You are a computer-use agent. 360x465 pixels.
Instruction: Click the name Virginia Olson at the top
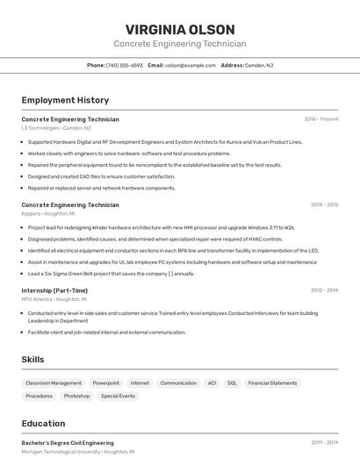tap(179, 29)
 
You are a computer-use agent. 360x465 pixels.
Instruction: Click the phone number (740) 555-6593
tap(124, 65)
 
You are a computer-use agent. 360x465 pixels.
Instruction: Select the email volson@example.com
tap(191, 65)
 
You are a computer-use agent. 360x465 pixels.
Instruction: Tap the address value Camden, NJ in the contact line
tap(259, 65)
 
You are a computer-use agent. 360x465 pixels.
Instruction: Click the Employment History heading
tap(65, 100)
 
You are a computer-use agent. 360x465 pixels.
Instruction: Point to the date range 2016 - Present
tap(320, 119)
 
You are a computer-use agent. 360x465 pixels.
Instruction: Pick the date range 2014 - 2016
tap(324, 204)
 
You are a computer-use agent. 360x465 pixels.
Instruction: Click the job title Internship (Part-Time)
tap(54, 290)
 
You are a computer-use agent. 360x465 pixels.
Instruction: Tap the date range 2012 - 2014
tap(324, 290)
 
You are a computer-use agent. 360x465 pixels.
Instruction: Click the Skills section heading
tap(33, 359)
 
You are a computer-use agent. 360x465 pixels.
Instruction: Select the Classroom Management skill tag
tap(54, 383)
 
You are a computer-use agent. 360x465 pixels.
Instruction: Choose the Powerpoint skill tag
tap(106, 383)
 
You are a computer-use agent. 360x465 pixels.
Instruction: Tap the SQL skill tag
tap(232, 383)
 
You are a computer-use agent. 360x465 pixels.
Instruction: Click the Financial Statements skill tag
tap(272, 383)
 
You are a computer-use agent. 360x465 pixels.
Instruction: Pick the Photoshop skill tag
tap(76, 396)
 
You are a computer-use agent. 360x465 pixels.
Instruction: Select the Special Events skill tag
tap(118, 396)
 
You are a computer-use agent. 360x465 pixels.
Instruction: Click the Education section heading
tap(44, 423)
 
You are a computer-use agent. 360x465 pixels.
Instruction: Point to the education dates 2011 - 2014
tap(324, 443)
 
